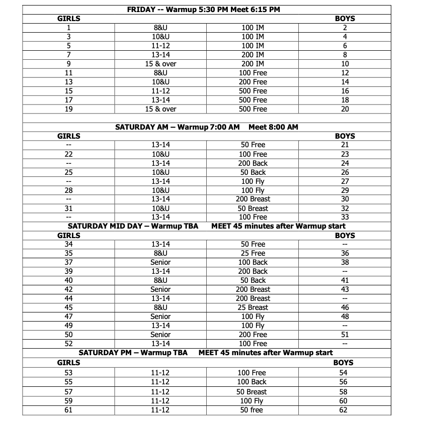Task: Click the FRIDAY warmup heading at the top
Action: (x=203, y=9)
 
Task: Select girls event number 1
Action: (x=69, y=28)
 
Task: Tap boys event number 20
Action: (x=345, y=109)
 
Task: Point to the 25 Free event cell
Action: (x=252, y=253)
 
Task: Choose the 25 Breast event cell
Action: (x=252, y=307)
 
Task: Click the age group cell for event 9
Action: (x=160, y=64)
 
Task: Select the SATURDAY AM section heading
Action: (x=206, y=127)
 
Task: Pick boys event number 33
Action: (x=345, y=217)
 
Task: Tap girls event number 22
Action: (x=69, y=154)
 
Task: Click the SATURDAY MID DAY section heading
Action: (x=206, y=226)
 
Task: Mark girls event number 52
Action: (x=69, y=344)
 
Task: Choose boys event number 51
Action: (x=345, y=335)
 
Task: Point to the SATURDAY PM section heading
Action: (x=205, y=353)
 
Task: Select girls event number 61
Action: (x=69, y=410)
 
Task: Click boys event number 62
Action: (x=344, y=410)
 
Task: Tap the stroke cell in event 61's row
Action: (x=252, y=410)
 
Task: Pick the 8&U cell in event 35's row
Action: (x=160, y=253)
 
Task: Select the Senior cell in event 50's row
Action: (x=160, y=335)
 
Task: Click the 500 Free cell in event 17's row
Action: (x=252, y=100)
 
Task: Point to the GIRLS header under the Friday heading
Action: (x=69, y=19)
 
